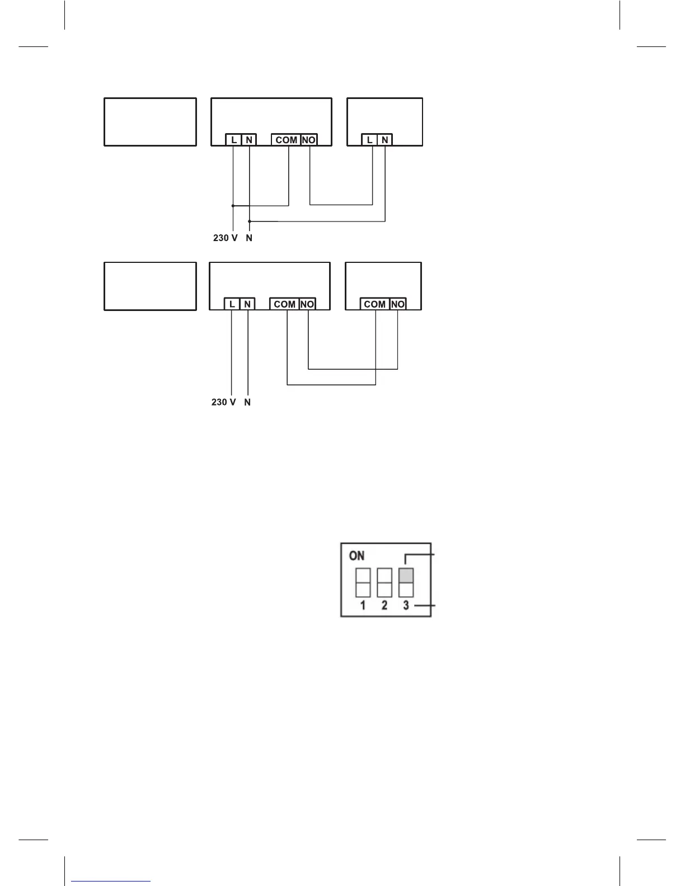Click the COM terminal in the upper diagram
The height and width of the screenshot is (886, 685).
pos(286,140)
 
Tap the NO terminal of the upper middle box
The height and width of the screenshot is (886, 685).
pos(308,140)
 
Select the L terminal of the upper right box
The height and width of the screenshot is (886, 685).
pos(369,140)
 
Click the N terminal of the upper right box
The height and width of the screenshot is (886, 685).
pos(385,140)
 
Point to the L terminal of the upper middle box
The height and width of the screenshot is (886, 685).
pos(234,140)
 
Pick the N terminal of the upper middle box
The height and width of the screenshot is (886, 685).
pos(249,140)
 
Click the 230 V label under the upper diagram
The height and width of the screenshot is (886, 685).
pos(225,238)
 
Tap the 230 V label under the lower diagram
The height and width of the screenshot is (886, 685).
pos(223,402)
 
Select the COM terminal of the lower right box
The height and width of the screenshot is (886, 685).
pos(374,304)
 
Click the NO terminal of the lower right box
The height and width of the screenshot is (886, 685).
pos(397,304)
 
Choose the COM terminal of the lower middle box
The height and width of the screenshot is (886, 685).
pos(284,304)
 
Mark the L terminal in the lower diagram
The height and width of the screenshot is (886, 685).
pos(232,304)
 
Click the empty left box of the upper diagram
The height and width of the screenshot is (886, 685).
pos(150,122)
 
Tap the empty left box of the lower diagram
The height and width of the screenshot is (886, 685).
pos(150,286)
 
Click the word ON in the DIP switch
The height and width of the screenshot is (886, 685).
pos(356,555)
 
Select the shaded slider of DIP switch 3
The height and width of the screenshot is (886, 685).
pos(406,576)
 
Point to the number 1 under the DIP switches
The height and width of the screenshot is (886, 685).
pos(363,605)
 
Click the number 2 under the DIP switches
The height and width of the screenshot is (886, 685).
pos(384,605)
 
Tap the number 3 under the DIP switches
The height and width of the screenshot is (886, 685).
pos(406,605)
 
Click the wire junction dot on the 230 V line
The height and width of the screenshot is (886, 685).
pos(233,205)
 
